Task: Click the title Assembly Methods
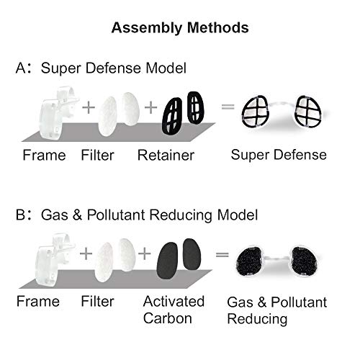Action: pyautogui.click(x=180, y=28)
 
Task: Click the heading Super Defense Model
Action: pyautogui.click(x=114, y=68)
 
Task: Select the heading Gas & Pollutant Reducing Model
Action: pyautogui.click(x=149, y=215)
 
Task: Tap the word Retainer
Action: pyautogui.click(x=166, y=156)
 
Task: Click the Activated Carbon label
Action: pyautogui.click(x=174, y=310)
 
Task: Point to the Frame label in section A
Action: pyautogui.click(x=44, y=156)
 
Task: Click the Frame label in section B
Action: pyautogui.click(x=38, y=302)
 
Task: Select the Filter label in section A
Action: pyautogui.click(x=97, y=156)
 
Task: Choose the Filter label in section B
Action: pyautogui.click(x=97, y=302)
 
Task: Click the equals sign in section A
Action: pyautogui.click(x=228, y=107)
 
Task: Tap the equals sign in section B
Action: pyautogui.click(x=222, y=254)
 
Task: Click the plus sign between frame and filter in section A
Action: pyautogui.click(x=89, y=107)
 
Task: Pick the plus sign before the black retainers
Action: pyautogui.click(x=150, y=107)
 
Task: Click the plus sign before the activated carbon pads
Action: pyautogui.click(x=145, y=253)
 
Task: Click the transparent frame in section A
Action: pyautogui.click(x=58, y=113)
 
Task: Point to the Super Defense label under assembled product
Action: pyautogui.click(x=279, y=155)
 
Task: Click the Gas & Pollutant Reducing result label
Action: pyautogui.click(x=277, y=310)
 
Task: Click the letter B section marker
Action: pyautogui.click(x=21, y=215)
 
